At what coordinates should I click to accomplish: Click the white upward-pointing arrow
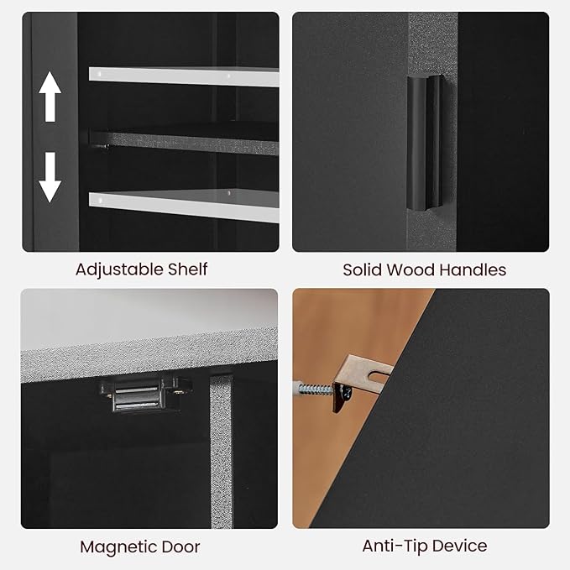pos(50,97)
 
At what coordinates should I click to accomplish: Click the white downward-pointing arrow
pos(50,177)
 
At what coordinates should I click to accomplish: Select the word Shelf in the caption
pos(187,269)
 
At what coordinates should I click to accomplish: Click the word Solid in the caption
pos(363,270)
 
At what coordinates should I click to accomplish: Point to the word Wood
pos(411,270)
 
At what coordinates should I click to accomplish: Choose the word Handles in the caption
pos(473,270)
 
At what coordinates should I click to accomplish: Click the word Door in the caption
pos(180,546)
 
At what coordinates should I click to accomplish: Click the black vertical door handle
pos(425,143)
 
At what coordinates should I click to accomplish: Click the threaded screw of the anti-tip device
pos(313,390)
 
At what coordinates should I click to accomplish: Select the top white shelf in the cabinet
pos(184,76)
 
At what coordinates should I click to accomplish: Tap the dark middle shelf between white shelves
pos(185,142)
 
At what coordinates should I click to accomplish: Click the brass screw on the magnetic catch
pos(178,392)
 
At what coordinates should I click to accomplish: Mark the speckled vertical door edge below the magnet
pos(221,452)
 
